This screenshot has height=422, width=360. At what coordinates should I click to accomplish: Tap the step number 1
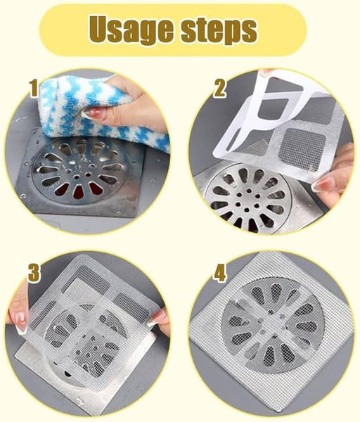[34, 89]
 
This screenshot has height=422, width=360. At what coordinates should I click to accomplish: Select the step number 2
[219, 89]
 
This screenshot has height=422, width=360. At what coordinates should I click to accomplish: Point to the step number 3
[34, 274]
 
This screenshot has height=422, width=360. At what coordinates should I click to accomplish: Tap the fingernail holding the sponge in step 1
[94, 113]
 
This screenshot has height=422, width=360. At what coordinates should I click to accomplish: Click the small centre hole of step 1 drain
[77, 177]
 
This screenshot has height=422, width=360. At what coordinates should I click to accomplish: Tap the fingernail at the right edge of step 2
[323, 184]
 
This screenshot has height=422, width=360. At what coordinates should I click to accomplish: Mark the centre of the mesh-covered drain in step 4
[274, 324]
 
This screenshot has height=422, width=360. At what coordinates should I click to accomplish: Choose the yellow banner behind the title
[173, 30]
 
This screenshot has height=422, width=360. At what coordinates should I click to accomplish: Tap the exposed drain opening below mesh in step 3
[67, 373]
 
